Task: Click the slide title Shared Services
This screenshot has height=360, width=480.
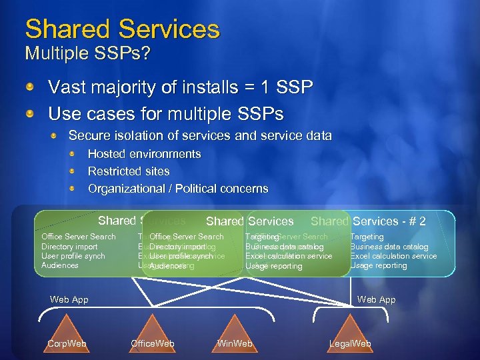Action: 122,29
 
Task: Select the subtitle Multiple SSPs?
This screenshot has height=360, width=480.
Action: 87,53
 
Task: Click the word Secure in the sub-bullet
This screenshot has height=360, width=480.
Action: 88,135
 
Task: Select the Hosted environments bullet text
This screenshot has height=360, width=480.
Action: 144,154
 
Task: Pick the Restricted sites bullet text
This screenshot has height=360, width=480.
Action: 129,171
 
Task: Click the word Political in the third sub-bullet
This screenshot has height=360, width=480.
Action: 199,189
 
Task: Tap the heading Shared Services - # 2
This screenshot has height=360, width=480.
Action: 368,221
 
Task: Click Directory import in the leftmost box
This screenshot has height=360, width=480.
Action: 69,247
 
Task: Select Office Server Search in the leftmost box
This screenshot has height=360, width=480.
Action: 78,237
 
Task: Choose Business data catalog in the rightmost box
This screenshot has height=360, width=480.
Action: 389,247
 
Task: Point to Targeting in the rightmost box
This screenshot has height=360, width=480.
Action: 367,237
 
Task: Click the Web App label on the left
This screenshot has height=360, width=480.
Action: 69,300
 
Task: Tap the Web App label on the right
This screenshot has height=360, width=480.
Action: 376,300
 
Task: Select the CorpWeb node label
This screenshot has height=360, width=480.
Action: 67,344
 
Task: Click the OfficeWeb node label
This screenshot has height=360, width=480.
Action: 153,344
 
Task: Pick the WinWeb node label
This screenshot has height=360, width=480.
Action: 235,344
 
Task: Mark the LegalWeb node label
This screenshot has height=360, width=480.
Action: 350,344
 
